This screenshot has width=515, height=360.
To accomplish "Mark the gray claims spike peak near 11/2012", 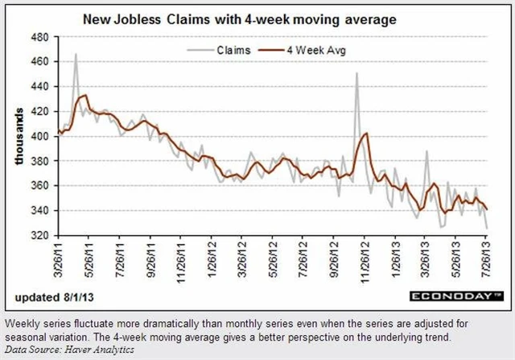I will coord(356,73).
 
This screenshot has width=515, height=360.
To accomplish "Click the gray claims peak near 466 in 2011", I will coord(76,54).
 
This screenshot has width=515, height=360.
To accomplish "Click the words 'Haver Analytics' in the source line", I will coord(92,350).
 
